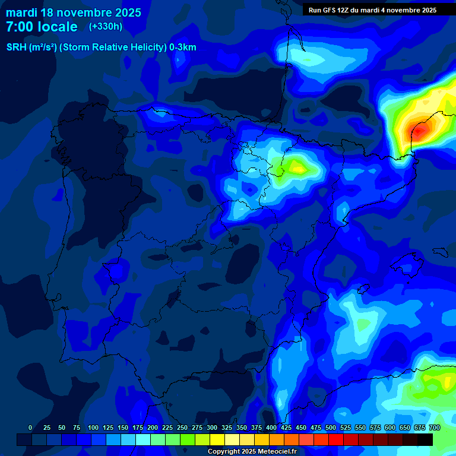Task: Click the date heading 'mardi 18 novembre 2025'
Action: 74,12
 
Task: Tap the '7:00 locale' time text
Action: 42,27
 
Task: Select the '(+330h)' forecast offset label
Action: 106,27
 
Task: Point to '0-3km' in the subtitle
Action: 183,47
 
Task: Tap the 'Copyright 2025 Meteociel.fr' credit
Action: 252,451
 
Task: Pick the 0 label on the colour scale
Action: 30,427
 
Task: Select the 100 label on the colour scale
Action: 93,427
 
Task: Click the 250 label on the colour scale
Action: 182,427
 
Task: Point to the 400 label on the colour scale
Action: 271,427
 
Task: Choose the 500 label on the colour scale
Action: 331,427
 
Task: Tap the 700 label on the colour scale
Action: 434,427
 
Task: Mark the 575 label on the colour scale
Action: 375,427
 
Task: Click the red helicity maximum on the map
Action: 419,131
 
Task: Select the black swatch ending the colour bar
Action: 425,439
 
